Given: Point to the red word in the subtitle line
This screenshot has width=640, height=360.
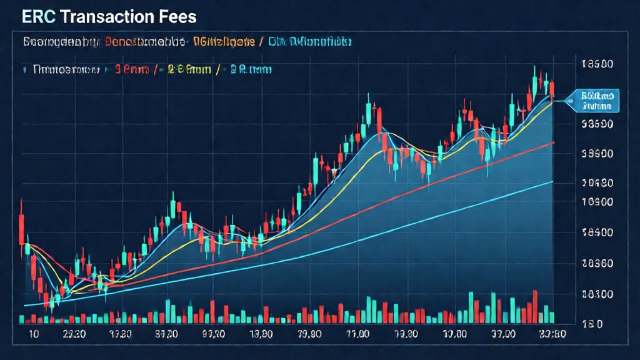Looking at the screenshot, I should [146, 42].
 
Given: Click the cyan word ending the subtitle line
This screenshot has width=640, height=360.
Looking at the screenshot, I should [310, 42].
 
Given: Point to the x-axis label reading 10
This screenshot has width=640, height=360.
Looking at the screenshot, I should [34, 334].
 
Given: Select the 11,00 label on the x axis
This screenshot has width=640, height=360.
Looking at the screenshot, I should [357, 334].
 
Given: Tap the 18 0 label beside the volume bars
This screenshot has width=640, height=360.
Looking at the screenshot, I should [591, 324].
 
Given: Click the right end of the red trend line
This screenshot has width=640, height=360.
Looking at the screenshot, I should [552, 143].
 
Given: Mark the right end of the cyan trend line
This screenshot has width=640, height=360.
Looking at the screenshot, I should [552, 182].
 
